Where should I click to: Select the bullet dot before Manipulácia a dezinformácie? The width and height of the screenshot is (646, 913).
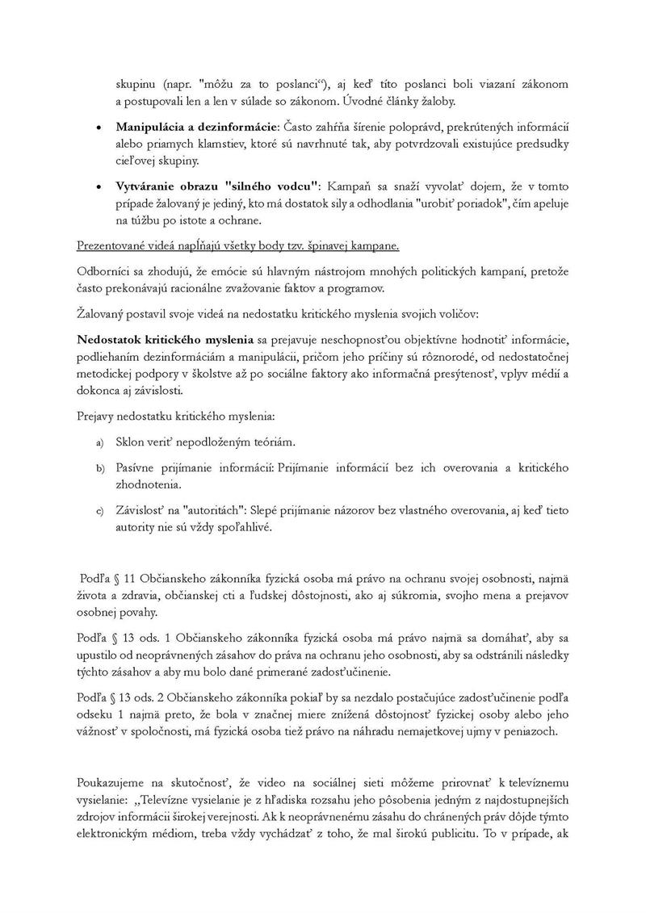point(99,128)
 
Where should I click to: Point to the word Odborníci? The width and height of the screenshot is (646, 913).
point(107,269)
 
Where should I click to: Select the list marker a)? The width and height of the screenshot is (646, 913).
point(101,443)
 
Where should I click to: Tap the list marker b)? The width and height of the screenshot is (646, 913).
point(101,468)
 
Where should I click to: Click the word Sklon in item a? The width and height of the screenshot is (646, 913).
point(132,442)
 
